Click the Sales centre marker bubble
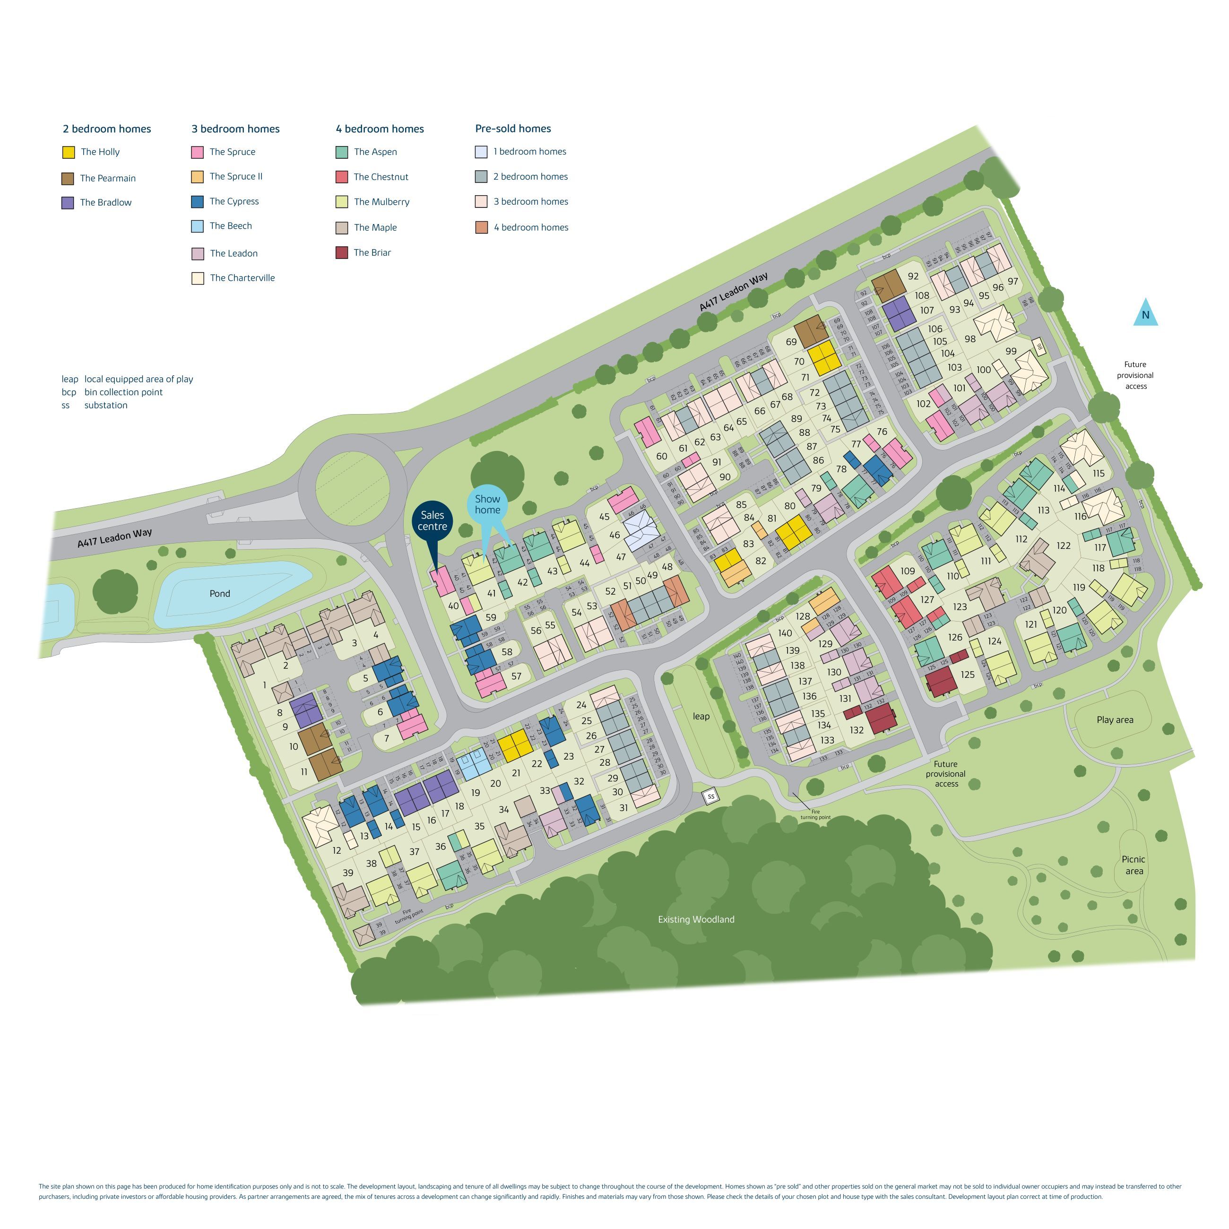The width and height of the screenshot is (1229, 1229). coord(432,521)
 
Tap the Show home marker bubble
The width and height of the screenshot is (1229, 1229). coord(487,504)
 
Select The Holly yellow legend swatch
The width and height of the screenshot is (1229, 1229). coord(68,152)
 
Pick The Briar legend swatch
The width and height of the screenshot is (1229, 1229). coord(342,252)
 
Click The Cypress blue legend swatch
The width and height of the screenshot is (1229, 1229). coord(197,202)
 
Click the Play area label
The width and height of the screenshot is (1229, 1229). coord(1115,719)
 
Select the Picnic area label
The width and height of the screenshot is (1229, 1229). coord(1134,865)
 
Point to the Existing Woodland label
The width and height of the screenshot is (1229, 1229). coord(696,919)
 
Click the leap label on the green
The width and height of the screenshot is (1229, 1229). coord(701,716)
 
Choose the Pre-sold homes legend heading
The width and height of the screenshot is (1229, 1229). coord(513,129)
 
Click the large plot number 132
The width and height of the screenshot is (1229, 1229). coord(856,730)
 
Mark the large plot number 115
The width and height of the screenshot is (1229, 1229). coord(1099,473)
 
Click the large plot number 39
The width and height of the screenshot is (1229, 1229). coord(347,873)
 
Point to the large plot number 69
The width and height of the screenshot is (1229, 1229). coord(791,342)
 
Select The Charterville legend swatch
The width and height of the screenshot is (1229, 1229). coord(197,278)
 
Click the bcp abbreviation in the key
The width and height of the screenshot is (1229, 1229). coord(69,392)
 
